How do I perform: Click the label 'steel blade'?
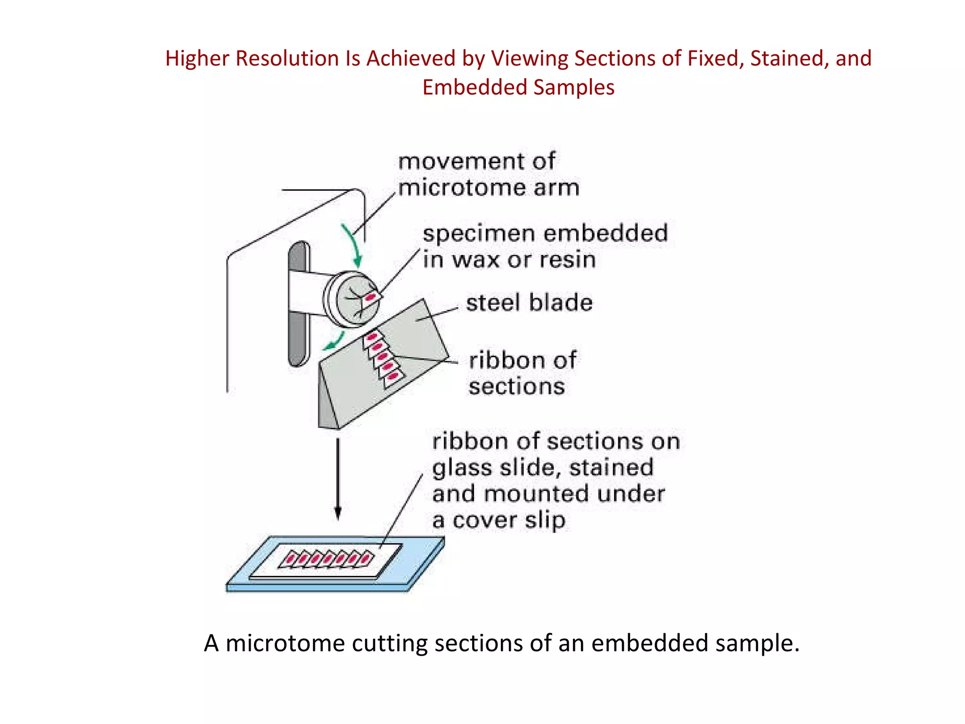[529, 303]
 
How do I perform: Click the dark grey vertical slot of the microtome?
[298, 304]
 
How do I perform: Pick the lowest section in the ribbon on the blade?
[393, 377]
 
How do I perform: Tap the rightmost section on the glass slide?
[366, 559]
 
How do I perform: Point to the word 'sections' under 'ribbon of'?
[516, 387]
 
